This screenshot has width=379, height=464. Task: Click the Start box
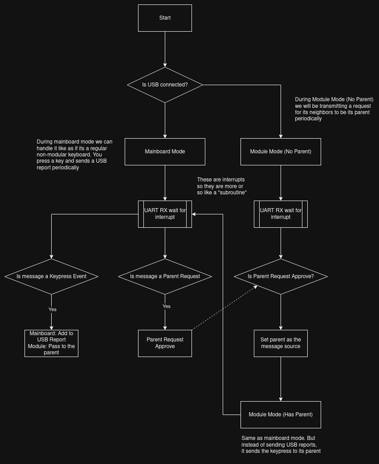165,18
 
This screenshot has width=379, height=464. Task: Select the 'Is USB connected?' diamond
165,85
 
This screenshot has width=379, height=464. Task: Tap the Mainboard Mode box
165,152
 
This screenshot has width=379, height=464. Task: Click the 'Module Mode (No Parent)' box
281,152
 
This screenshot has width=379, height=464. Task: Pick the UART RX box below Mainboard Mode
165,214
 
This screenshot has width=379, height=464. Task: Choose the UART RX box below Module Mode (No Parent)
281,214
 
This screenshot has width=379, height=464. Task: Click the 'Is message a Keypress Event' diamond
51,276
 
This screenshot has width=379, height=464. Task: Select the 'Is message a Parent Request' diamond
165,276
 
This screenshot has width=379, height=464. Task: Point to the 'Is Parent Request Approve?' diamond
281,276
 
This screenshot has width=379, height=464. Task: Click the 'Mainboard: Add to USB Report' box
51,343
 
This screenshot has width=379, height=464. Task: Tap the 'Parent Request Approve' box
165,343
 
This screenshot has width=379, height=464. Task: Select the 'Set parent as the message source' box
281,343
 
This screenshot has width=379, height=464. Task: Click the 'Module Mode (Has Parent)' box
281,415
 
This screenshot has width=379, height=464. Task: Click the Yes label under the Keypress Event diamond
53,309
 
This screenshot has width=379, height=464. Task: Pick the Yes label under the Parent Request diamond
166,306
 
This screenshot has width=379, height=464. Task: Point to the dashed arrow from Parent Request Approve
225,308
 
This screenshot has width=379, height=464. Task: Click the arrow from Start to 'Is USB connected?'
165,49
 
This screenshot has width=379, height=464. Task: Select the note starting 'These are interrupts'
221,186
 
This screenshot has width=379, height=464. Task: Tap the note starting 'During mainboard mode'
74,155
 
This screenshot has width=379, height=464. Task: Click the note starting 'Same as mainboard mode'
281,445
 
